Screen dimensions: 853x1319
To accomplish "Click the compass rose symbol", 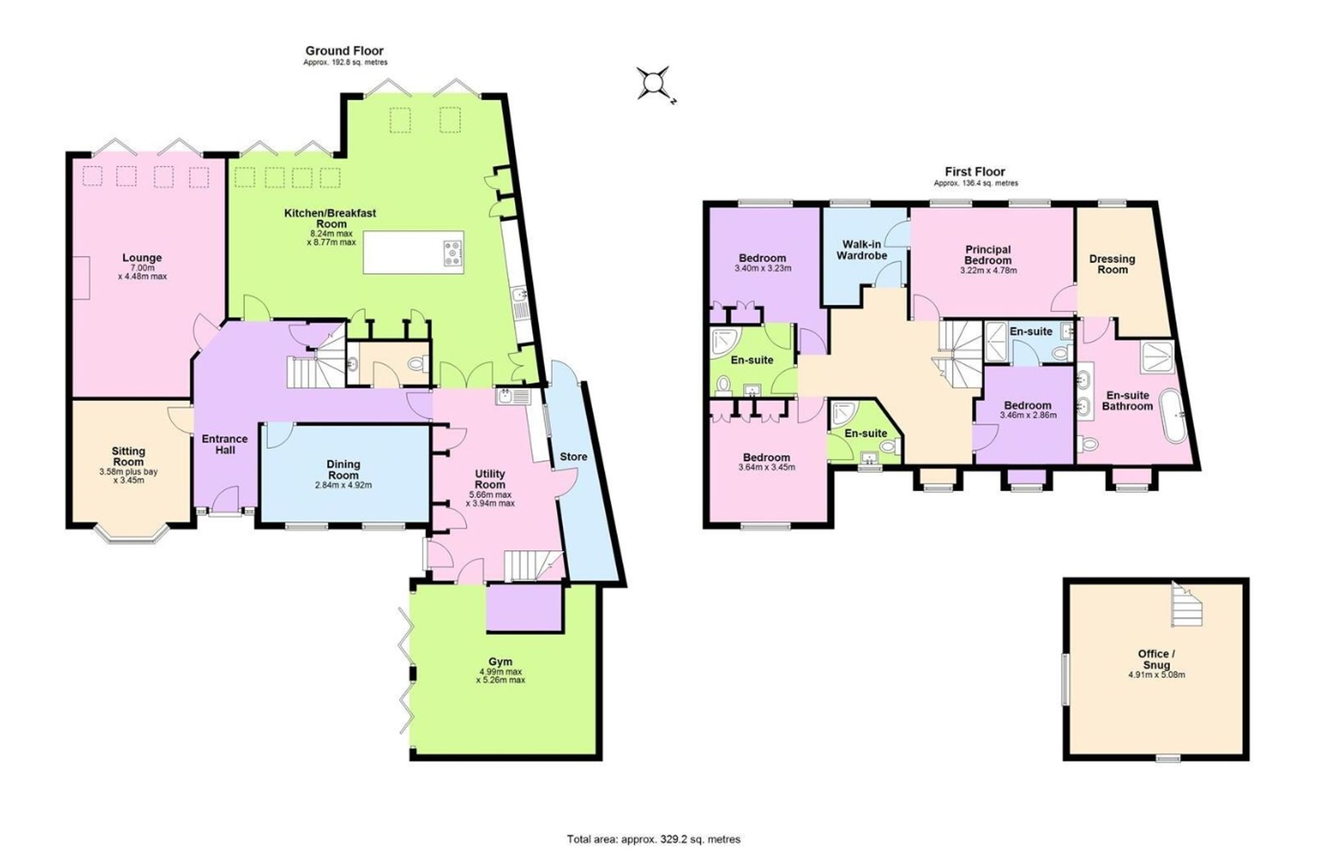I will pyautogui.click(x=653, y=83).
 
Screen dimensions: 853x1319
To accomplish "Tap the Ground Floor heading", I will pyautogui.click(x=344, y=51).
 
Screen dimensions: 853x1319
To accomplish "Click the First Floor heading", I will pyautogui.click(x=975, y=172).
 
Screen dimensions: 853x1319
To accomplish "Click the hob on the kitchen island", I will pyautogui.click(x=453, y=253).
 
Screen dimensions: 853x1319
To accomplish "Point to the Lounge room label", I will pyautogui.click(x=142, y=258).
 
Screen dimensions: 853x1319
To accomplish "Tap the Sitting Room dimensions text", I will pyautogui.click(x=128, y=476).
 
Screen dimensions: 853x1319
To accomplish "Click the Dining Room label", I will pyautogui.click(x=343, y=469).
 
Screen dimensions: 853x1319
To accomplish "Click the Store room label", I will pyautogui.click(x=573, y=456).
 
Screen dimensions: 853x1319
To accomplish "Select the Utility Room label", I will pyautogui.click(x=490, y=479).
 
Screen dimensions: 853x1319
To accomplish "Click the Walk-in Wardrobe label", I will pyautogui.click(x=861, y=250).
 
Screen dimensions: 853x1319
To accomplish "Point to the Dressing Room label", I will pyautogui.click(x=1112, y=264).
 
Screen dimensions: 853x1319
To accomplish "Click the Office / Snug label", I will pyautogui.click(x=1157, y=659).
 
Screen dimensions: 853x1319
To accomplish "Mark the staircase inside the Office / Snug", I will pyautogui.click(x=1187, y=604).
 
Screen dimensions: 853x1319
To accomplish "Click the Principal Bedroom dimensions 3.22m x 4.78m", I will pyautogui.click(x=988, y=270).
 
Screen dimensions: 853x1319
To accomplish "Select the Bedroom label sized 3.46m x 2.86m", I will pyautogui.click(x=1028, y=405).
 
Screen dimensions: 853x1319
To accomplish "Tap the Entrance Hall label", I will pyautogui.click(x=225, y=444).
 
